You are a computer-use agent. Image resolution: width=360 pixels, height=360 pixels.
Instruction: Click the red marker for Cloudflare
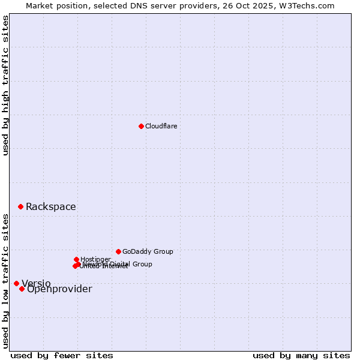coord(141,126)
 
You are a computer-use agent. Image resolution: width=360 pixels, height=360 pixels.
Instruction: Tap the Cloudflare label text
coord(161,126)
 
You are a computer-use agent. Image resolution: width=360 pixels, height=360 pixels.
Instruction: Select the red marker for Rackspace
coord(20,206)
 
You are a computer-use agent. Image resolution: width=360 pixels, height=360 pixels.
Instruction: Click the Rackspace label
coord(50,207)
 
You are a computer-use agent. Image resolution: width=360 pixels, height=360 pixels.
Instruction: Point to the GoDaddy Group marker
coord(118,251)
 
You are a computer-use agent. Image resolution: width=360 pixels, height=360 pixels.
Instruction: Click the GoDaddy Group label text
coord(148,251)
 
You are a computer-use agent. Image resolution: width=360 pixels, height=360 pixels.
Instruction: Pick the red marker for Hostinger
coord(76,259)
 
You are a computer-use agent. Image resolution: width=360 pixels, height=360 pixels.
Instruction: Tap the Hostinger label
coord(95,259)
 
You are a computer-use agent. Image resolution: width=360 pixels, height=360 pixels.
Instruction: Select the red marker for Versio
coord(16,283)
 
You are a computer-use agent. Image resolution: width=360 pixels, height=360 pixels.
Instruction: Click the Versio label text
coord(36,284)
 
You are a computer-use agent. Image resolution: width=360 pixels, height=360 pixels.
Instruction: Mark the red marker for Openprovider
coord(22,289)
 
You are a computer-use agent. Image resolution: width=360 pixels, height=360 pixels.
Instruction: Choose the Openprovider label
coord(59,289)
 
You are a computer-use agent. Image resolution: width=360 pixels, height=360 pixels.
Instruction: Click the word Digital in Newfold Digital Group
coord(119,264)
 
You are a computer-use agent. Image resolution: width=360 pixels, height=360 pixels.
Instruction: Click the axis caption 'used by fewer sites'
coord(62,355)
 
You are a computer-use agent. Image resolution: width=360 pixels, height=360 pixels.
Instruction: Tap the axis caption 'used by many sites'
coord(301,355)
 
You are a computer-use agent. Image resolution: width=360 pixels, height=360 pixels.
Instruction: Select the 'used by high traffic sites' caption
coord(5,85)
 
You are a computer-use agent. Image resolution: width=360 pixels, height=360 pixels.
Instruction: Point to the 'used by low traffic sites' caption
coord(5,280)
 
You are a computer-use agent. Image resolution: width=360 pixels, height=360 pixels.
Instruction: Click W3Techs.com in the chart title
coord(308,5)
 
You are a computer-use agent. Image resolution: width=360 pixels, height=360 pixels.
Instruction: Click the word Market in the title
coord(39,5)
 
